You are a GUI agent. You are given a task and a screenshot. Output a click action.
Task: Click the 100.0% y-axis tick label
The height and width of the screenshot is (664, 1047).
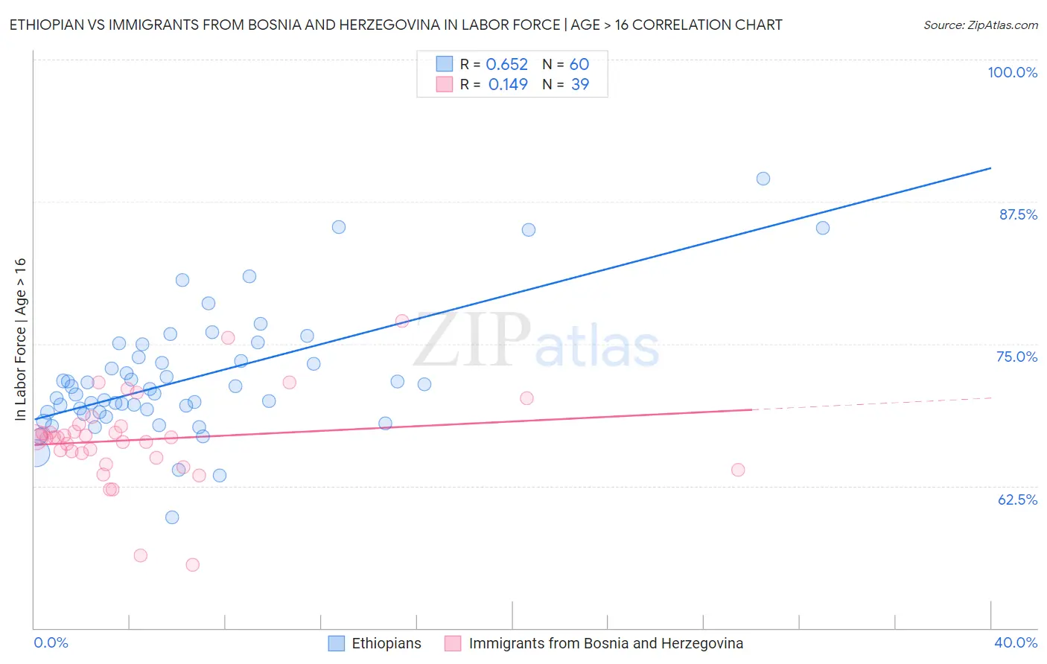coord(1012,72)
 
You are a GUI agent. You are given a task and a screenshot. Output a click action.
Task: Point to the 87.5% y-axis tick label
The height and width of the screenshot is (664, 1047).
coord(1017,214)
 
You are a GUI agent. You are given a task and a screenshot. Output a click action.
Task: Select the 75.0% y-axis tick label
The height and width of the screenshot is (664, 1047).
coord(1016,357)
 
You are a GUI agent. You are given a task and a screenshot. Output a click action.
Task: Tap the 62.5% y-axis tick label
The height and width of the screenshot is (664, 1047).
coord(1017,499)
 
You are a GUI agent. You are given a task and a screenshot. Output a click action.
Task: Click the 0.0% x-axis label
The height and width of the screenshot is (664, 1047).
coord(51,642)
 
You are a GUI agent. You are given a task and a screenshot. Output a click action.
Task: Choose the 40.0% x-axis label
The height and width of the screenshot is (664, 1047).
coord(1015,642)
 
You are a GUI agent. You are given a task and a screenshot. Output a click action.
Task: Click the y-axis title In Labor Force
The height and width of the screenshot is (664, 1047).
coord(20,339)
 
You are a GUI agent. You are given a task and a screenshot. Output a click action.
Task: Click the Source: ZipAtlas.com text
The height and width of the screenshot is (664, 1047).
coord(980,25)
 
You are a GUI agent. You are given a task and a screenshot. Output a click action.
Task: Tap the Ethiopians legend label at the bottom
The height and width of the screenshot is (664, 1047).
coord(386,643)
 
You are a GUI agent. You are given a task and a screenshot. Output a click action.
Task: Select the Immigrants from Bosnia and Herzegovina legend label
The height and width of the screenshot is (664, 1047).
coord(605,643)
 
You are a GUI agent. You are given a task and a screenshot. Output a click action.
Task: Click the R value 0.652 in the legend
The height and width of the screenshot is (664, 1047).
coord(506,65)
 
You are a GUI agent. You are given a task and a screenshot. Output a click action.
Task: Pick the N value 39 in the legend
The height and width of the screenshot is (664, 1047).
coord(579,85)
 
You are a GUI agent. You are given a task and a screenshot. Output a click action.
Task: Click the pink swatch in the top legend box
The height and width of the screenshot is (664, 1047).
coord(445,84)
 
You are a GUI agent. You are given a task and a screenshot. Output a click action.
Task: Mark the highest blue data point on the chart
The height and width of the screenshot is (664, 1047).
coord(763,179)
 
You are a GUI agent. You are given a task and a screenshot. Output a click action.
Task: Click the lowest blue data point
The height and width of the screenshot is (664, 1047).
coord(172,517)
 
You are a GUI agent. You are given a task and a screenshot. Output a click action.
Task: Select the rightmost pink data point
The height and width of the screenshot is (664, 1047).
coord(738,470)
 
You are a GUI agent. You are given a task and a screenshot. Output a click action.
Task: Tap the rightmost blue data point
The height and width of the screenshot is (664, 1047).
coord(823,228)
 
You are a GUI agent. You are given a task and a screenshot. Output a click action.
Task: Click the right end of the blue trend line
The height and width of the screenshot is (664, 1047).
coord(990,168)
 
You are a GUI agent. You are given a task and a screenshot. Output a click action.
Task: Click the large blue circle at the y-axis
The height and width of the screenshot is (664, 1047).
coord(36,453)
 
